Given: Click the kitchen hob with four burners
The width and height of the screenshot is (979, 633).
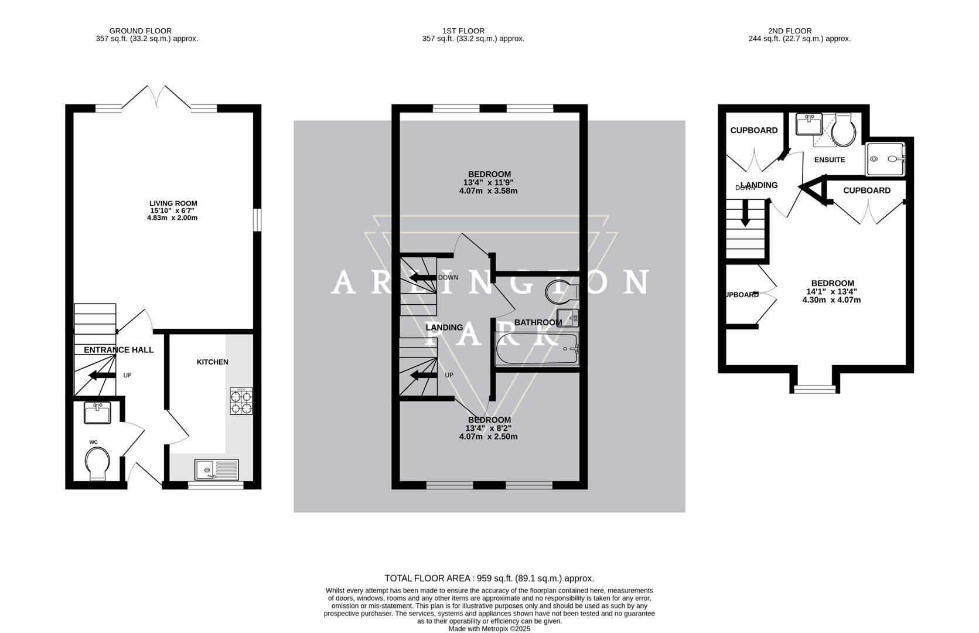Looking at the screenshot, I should tap(241, 401).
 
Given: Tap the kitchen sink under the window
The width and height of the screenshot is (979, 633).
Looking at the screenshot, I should tap(217, 469).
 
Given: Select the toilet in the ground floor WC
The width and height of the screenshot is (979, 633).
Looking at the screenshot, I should tap(97, 463).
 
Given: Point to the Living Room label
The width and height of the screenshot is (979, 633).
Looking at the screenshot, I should tap(173, 203).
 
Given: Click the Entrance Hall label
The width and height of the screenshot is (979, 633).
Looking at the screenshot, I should tap(118, 350).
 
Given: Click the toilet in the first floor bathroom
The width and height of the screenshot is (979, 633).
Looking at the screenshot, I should tap(560, 291).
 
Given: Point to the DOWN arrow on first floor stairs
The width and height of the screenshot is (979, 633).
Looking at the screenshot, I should tap(421, 277).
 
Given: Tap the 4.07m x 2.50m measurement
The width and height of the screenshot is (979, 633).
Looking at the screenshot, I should tap(488, 437).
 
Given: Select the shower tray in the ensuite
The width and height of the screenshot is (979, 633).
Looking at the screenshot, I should tap(886, 159).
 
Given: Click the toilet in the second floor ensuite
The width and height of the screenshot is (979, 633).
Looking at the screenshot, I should tap(844, 130).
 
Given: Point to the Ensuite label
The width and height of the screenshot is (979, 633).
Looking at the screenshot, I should tap(829, 159).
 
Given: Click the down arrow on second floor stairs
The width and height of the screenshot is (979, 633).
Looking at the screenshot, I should tap(745, 213).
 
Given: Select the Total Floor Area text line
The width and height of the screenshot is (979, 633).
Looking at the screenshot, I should tap(489, 578).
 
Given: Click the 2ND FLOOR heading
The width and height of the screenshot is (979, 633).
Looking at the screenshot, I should tap(789, 30).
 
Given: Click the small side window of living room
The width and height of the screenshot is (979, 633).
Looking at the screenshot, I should tap(256, 221).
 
